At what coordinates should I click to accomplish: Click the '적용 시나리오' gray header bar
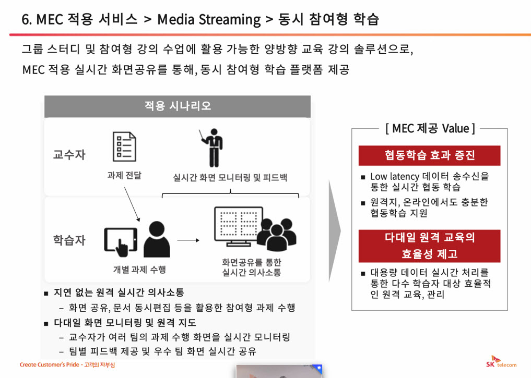tap(178, 106)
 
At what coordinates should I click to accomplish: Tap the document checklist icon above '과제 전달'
tap(124, 147)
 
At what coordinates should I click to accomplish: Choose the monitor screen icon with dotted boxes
tap(239, 226)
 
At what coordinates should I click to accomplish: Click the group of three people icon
tap(277, 234)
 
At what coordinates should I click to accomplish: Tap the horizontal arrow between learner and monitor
tap(188, 240)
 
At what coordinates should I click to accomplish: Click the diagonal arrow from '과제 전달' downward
tap(132, 204)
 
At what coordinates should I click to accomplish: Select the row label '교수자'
tap(69, 154)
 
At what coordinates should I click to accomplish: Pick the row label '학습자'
tap(69, 240)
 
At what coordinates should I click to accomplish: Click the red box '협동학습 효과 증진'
tap(429, 155)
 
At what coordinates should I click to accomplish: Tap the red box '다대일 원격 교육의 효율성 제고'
tap(429, 246)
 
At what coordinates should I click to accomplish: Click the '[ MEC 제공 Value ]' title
tap(430, 128)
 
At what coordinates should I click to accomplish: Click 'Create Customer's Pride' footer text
tap(50, 364)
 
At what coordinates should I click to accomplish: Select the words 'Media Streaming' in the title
tap(209, 20)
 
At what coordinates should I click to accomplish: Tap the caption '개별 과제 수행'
tap(139, 270)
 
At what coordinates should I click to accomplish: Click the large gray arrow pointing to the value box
tap(335, 231)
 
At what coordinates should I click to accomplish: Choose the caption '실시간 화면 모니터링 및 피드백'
tap(230, 177)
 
